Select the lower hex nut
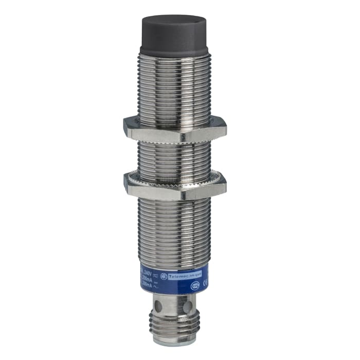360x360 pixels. (x=174, y=187)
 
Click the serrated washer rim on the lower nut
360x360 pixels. (x=175, y=176)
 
